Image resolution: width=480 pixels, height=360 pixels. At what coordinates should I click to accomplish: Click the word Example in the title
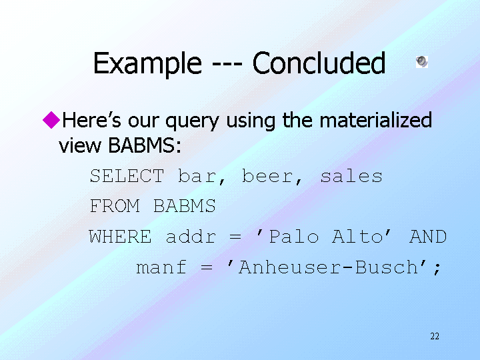pyautogui.click(x=147, y=64)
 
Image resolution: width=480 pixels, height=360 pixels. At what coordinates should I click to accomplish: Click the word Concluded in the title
pyautogui.click(x=319, y=63)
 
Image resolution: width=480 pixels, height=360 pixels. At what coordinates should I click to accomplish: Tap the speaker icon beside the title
pyautogui.click(x=422, y=61)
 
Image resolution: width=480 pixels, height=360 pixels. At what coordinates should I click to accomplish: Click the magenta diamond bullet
pyautogui.click(x=51, y=120)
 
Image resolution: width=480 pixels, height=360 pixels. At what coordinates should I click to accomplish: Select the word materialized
pyautogui.click(x=375, y=120)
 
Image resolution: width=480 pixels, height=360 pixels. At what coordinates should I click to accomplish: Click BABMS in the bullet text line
pyautogui.click(x=145, y=145)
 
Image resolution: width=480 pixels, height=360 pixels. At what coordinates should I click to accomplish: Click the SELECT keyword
pyautogui.click(x=127, y=176)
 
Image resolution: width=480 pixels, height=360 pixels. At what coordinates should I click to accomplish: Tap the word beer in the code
pyautogui.click(x=267, y=176)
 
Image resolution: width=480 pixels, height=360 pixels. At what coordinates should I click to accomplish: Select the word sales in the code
pyautogui.click(x=351, y=176)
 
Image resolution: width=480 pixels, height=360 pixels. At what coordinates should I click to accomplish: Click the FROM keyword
pyautogui.click(x=115, y=206)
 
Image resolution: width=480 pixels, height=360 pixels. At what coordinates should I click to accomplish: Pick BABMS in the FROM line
pyautogui.click(x=185, y=206)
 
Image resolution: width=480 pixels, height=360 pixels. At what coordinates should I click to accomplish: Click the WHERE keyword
pyautogui.click(x=120, y=237)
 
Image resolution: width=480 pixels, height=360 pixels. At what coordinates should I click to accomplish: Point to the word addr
pyautogui.click(x=191, y=237)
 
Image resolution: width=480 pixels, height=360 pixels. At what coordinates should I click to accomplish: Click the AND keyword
pyautogui.click(x=428, y=237)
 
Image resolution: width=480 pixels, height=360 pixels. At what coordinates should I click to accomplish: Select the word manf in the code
pyautogui.click(x=161, y=267)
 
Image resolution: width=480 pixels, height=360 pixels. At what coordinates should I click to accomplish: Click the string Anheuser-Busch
pyautogui.click(x=327, y=267)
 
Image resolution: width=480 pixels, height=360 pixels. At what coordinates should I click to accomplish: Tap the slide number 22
pyautogui.click(x=435, y=337)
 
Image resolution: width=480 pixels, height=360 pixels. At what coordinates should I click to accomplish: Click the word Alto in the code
pyautogui.click(x=358, y=237)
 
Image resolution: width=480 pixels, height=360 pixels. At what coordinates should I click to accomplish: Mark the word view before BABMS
pyautogui.click(x=79, y=145)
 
